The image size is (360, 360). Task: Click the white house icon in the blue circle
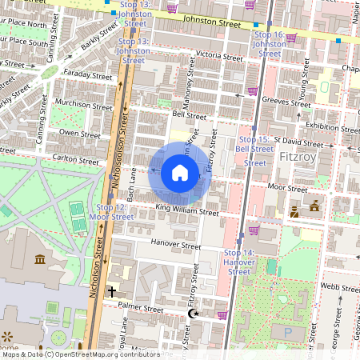coord(180,173)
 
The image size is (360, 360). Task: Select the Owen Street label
coord(79,133)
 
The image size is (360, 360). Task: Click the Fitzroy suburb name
coord(300,158)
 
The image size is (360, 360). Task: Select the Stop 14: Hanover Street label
coord(238,262)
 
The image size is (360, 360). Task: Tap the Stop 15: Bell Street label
coord(254,150)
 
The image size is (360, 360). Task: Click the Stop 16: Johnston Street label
coord(269,44)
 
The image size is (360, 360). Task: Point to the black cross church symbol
coord(112,292)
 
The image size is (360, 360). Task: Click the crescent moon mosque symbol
coord(192,314)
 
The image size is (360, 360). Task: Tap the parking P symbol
coord(287,330)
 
